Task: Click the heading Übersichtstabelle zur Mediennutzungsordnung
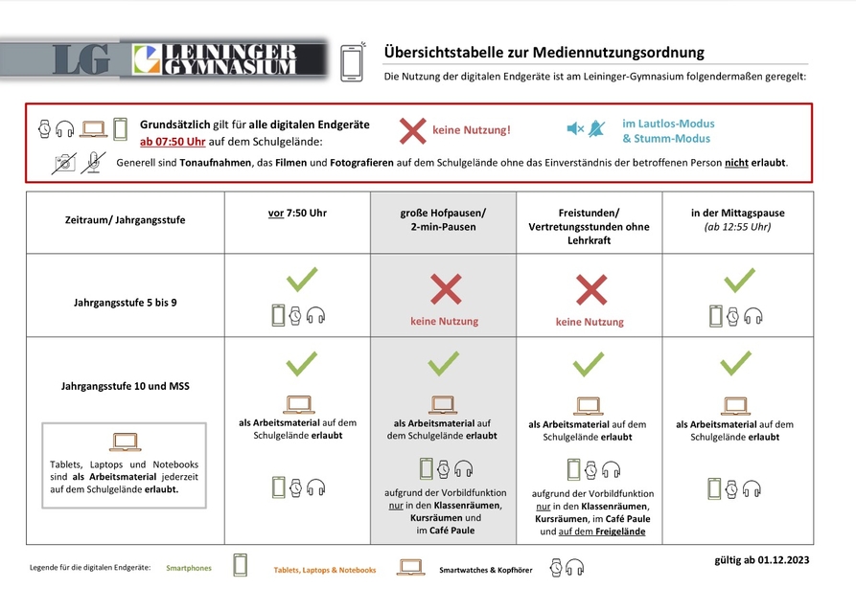544,53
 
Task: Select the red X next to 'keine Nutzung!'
413,130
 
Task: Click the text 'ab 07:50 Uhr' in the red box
173,142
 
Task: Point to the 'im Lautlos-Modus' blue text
668,124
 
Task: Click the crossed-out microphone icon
93,163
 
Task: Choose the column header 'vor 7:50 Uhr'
297,213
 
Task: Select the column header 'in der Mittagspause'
737,213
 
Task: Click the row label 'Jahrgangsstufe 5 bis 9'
125,303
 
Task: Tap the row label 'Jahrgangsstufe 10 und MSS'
125,387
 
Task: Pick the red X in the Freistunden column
590,289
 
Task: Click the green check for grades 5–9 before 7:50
302,280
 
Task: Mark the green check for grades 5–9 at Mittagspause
738,280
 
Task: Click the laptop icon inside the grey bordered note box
125,441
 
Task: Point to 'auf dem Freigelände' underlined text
609,532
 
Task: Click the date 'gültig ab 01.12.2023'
761,559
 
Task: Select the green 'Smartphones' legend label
188,568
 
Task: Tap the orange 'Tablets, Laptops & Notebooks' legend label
324,570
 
